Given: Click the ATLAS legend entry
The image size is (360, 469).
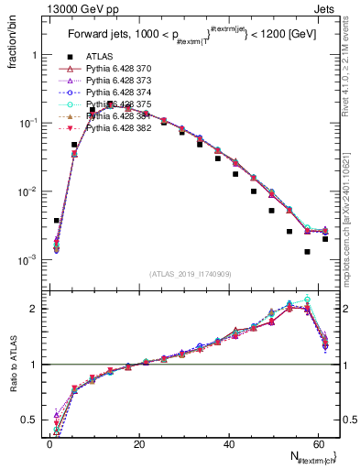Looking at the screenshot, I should (x=99, y=57).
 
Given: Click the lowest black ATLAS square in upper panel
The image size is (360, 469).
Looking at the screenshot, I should (x=308, y=251).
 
